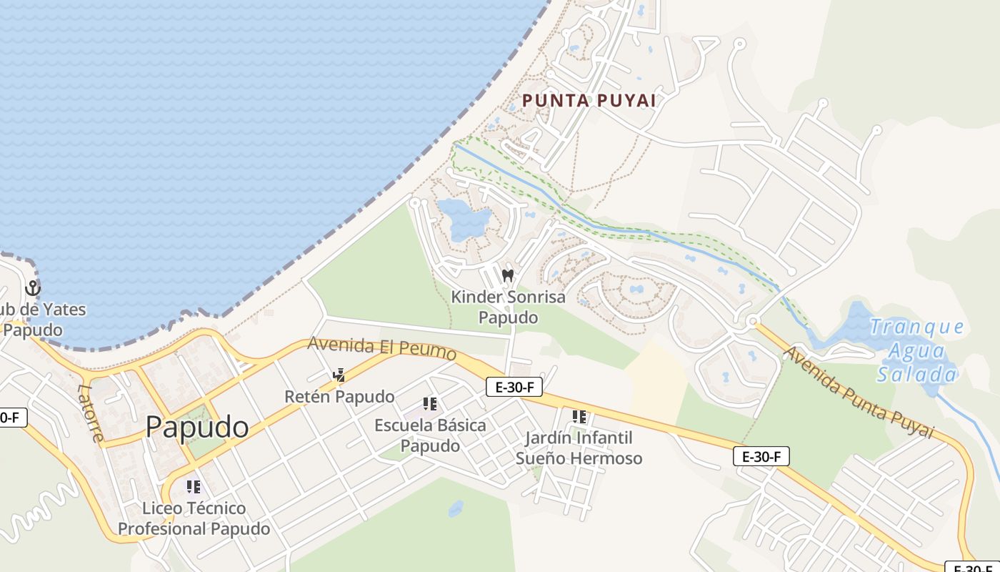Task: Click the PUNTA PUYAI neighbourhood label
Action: [589, 101]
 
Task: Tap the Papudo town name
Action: [197, 428]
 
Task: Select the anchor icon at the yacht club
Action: [32, 289]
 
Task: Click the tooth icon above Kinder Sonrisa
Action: [508, 275]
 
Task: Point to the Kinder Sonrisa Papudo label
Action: [508, 307]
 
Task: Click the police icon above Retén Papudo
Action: [339, 375]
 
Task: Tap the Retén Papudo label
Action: [339, 396]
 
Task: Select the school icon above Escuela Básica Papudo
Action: [429, 404]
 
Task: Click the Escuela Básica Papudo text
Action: [430, 435]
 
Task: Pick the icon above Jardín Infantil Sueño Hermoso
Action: [579, 416]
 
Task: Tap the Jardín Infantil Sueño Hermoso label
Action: [579, 448]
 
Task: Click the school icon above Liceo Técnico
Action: [194, 487]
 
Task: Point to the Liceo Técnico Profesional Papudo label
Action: [194, 518]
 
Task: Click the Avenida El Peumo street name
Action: [381, 348]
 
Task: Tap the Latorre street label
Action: [90, 413]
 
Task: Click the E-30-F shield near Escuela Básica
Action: [514, 388]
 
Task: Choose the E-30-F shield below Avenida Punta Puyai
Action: [761, 456]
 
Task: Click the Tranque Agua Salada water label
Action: [917, 350]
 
